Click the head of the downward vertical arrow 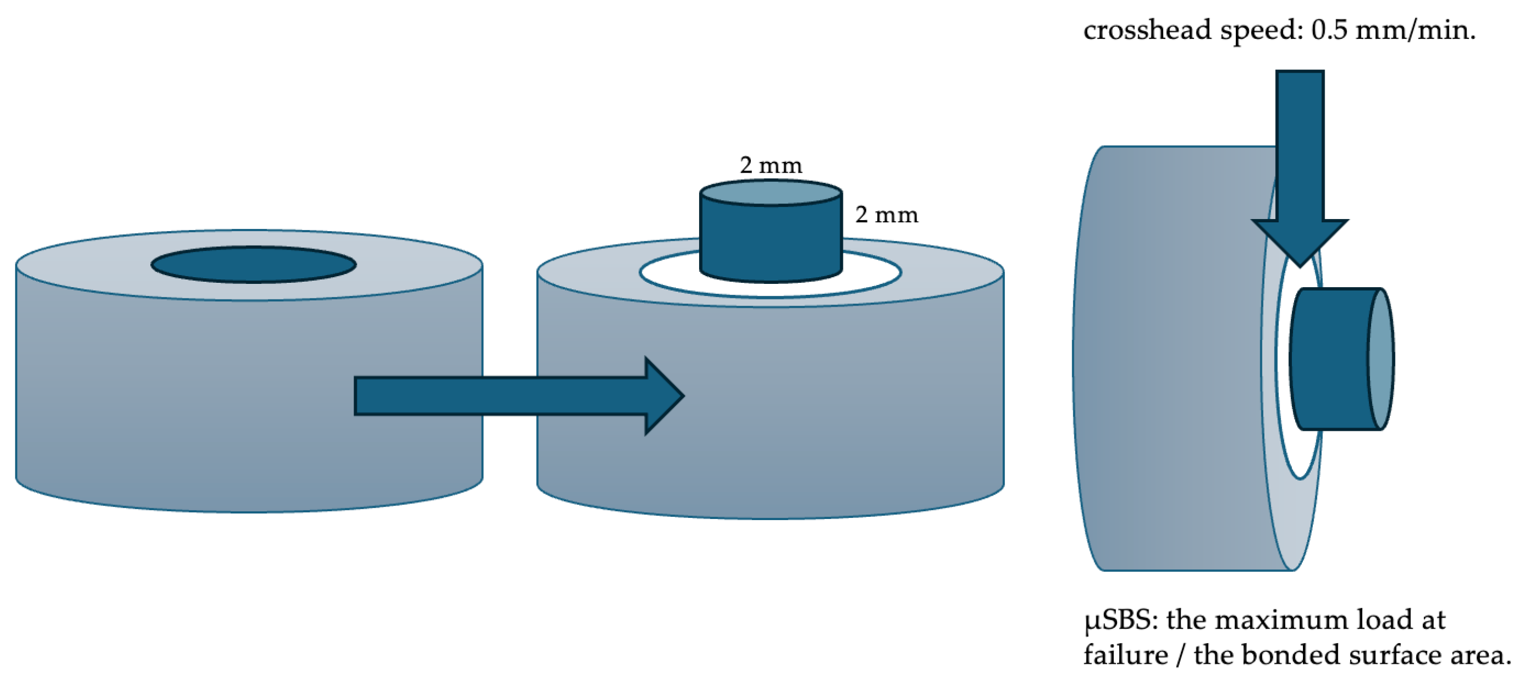coord(1300,239)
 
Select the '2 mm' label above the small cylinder coord(771,165)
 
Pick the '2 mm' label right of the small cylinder coord(886,215)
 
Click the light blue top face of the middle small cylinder coord(771,192)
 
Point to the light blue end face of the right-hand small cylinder coord(1381,358)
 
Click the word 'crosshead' coord(1146,29)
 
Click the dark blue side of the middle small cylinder coord(771,242)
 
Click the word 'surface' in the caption coord(1385,655)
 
